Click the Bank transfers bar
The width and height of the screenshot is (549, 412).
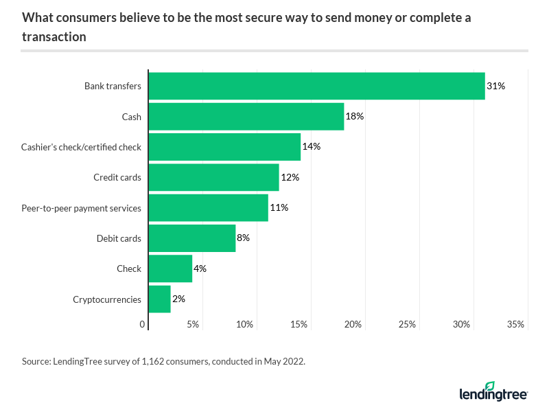click(316, 86)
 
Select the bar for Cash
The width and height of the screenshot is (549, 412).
click(246, 117)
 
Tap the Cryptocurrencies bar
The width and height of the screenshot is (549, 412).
click(159, 299)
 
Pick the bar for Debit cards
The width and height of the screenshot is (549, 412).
click(192, 238)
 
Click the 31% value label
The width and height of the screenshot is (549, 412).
click(495, 86)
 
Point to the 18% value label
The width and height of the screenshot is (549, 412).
click(355, 117)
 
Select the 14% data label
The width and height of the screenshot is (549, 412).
click(312, 147)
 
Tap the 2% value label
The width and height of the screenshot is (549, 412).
click(179, 299)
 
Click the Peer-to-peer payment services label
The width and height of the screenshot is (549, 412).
click(82, 208)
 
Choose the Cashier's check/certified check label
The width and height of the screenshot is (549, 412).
click(82, 147)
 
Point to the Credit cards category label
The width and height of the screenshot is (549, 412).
click(117, 178)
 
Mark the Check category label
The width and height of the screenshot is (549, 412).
click(129, 269)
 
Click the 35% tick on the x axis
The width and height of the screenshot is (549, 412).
click(516, 324)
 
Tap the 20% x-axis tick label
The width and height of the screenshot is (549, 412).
click(353, 324)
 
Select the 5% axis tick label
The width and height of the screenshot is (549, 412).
click(193, 324)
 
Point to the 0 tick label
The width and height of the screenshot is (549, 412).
click(143, 324)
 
